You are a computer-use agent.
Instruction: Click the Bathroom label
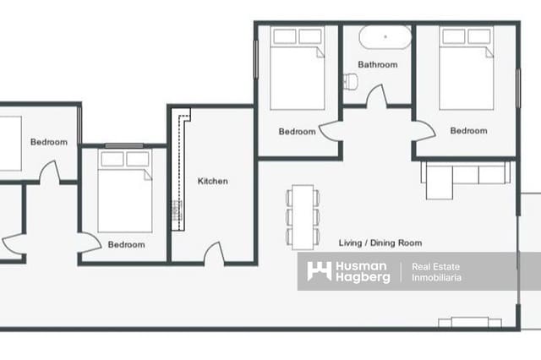coord(377,64)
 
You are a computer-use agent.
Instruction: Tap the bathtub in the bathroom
coord(385,38)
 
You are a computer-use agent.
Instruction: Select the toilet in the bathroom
coord(351,82)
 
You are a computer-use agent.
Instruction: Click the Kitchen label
coord(212,181)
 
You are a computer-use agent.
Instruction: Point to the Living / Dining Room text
coord(380,243)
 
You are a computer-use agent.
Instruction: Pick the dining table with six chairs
coord(303,216)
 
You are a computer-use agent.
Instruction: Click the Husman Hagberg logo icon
coord(319,271)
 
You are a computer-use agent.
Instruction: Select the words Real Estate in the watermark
coord(435,266)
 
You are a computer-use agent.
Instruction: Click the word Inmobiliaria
coord(436,278)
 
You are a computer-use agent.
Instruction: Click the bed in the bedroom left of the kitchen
coord(125,192)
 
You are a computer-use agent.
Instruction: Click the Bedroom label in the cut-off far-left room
coord(48,142)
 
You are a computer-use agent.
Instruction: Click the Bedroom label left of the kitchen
coord(126,245)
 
